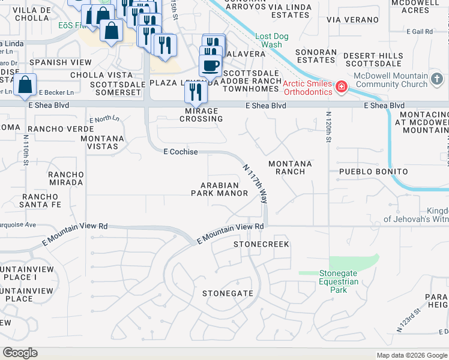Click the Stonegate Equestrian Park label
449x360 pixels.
[x=339, y=281]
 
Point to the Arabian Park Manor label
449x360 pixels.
[x=219, y=189]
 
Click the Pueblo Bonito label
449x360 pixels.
[x=373, y=172]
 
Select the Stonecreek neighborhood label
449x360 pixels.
[x=261, y=244]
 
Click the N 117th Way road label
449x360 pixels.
[x=255, y=184]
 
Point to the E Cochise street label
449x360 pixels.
[x=181, y=152]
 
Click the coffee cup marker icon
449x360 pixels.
[x=210, y=65]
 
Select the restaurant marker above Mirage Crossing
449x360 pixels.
[x=195, y=91]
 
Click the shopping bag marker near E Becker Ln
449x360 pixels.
[x=25, y=85]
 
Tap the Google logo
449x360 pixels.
[x=20, y=353]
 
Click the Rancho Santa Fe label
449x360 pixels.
[x=41, y=200]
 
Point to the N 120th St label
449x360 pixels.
[x=328, y=127]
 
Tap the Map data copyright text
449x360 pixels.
[x=411, y=355]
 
